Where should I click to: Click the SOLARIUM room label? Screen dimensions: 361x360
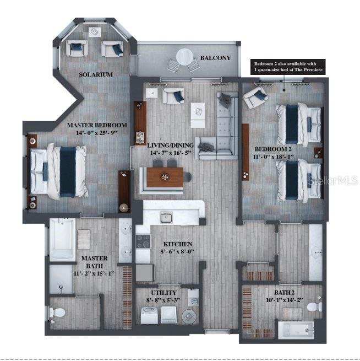(x=96, y=74)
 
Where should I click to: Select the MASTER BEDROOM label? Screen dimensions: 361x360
(x=97, y=125)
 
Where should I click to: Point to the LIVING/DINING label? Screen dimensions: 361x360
(x=170, y=146)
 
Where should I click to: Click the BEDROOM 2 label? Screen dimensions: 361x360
(x=272, y=149)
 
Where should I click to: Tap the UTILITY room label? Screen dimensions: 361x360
(x=163, y=293)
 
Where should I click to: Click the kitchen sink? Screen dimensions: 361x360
(x=166, y=217)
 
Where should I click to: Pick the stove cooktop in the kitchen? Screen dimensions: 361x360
(x=143, y=241)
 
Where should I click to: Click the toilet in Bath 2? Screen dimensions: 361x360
(x=315, y=306)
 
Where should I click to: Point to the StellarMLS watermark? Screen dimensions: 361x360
(x=336, y=180)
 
